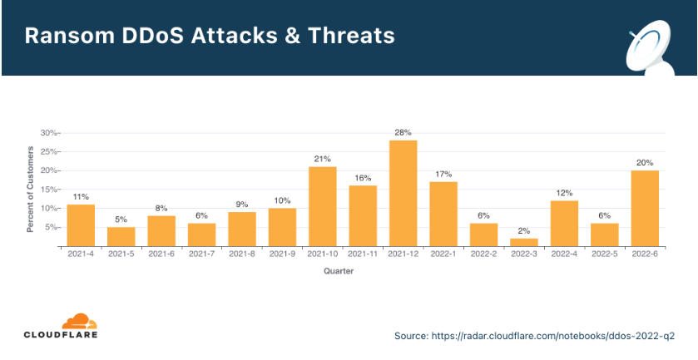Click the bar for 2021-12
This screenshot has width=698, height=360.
403,194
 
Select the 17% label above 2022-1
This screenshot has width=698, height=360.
443,175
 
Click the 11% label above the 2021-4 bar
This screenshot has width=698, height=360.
81,197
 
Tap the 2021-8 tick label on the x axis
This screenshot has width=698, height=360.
241,254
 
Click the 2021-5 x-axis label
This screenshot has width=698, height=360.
121,254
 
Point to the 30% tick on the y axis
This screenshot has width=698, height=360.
48,133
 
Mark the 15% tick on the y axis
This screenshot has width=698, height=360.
48,190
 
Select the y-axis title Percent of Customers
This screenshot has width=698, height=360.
31,190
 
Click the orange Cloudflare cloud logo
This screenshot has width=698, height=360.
79,321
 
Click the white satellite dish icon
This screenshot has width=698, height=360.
648,50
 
